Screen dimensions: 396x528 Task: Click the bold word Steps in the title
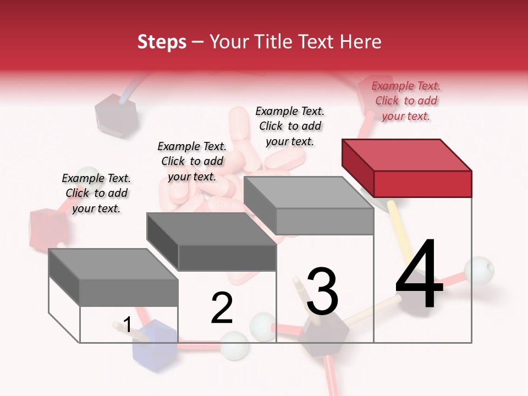point(162,42)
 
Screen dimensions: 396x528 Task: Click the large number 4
point(419,275)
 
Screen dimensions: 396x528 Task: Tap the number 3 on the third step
point(322,291)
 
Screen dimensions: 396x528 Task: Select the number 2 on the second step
point(222,309)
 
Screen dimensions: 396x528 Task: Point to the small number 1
point(127,325)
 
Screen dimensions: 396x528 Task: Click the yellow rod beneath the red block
point(398,231)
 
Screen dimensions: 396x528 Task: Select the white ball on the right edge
point(479,270)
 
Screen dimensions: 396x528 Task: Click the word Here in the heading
point(360,42)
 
